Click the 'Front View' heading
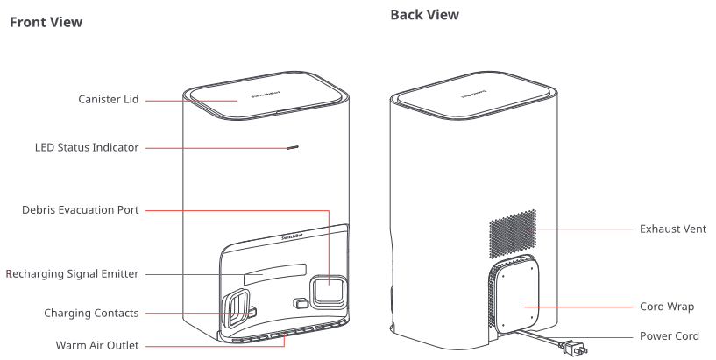[x=46, y=22]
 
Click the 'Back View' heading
[x=425, y=15]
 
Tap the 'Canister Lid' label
[x=108, y=100]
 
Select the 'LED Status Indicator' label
[x=87, y=147]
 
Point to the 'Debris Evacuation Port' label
[x=81, y=210]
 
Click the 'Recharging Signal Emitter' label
[x=73, y=274]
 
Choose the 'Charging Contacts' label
[x=91, y=313]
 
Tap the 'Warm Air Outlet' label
[x=97, y=345]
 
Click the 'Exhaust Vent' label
[x=673, y=229]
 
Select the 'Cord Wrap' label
[x=667, y=307]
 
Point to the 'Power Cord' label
[x=670, y=336]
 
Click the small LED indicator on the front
[x=293, y=147]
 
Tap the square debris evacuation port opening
[x=329, y=290]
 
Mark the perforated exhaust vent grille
[x=513, y=233]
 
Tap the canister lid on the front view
[x=266, y=96]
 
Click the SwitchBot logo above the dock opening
[x=292, y=236]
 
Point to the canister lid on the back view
[x=473, y=95]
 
